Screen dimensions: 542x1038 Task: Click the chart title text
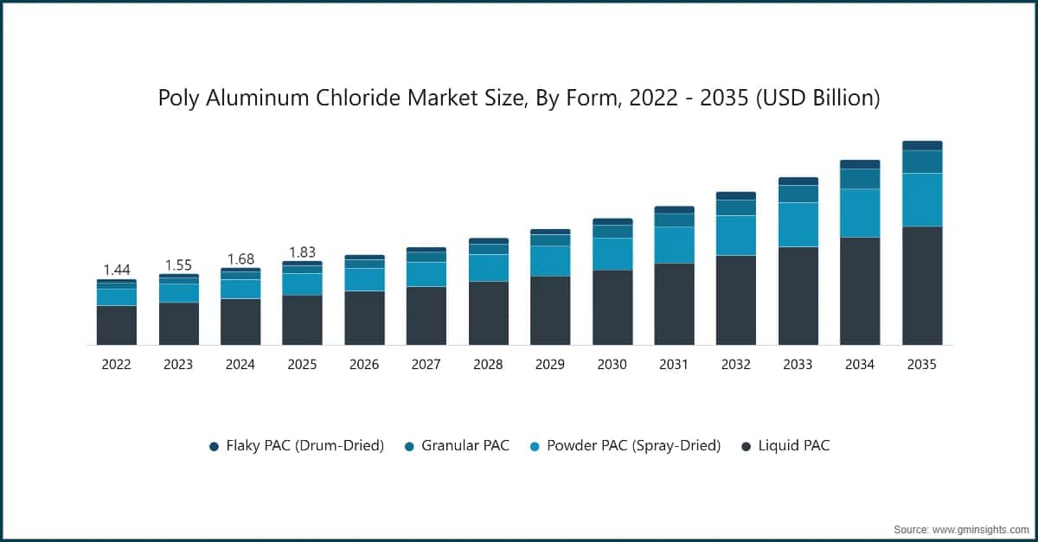point(518,99)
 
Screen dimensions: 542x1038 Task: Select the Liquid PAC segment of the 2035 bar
point(922,285)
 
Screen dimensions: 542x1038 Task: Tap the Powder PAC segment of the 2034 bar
point(860,213)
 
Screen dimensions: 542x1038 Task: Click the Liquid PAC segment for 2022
point(116,325)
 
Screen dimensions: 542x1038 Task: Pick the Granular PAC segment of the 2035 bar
point(922,162)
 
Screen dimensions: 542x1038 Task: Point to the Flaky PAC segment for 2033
point(798,181)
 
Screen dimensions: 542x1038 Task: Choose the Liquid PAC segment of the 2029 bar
point(550,310)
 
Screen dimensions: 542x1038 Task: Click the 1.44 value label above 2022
point(116,270)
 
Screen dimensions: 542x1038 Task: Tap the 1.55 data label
point(178,265)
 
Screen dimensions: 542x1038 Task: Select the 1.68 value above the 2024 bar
point(240,258)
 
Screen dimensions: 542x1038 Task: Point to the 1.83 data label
point(302,252)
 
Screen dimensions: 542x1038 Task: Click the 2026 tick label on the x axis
point(364,365)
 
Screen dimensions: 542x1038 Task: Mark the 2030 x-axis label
point(612,365)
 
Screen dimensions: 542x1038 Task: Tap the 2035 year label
point(922,365)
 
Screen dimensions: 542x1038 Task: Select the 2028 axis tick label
point(488,365)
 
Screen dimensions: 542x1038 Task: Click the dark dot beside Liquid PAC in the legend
point(746,446)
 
